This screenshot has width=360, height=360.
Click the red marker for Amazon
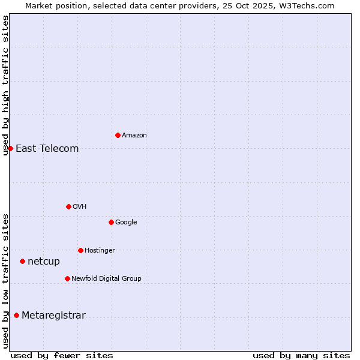[x=118, y=135]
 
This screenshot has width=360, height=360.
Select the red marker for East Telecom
[x=10, y=148]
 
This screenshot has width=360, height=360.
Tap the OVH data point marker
[x=68, y=206]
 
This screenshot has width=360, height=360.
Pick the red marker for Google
[x=111, y=222]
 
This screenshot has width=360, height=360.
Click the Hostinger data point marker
[x=80, y=250]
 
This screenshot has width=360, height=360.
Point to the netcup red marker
[x=22, y=261]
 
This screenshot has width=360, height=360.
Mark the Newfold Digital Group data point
[x=67, y=278]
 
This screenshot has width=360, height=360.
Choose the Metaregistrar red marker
[x=16, y=315]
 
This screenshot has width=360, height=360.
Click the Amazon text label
[x=134, y=136]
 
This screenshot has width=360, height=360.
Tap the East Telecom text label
[x=47, y=149]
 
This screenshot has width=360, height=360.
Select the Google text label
[x=126, y=223]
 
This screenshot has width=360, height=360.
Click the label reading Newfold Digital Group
[x=106, y=279]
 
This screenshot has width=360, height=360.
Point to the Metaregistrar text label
[x=53, y=316]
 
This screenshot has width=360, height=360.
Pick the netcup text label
[x=44, y=262]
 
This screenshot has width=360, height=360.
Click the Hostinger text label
[x=100, y=251]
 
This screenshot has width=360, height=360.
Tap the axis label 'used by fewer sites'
[x=62, y=355]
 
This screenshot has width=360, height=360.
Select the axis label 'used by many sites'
[x=301, y=355]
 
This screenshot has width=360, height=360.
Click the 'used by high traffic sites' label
[x=5, y=85]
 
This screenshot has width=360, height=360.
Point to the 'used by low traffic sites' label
[x=5, y=280]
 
